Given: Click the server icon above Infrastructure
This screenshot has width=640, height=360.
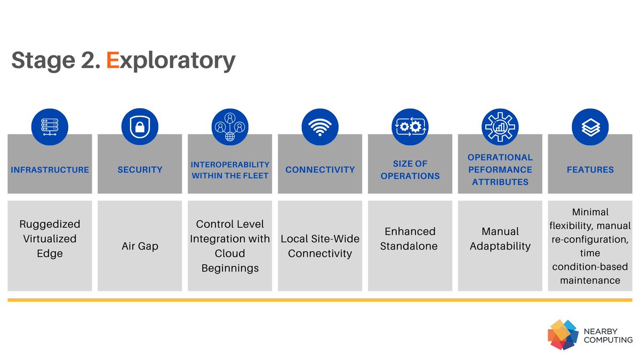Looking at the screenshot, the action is point(50,127).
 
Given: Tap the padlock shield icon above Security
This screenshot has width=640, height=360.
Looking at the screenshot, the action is point(140,127).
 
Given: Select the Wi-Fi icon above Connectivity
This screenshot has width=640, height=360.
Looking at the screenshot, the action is point(320,127).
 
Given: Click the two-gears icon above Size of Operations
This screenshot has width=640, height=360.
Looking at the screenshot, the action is point(410,127).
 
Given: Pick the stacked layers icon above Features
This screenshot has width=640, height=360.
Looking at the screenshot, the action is point(590,127).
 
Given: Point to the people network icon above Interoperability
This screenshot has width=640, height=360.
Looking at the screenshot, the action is point(230,127).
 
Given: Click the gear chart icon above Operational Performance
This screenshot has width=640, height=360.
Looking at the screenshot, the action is point(500,127).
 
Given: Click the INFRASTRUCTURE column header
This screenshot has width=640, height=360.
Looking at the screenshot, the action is point(50,170).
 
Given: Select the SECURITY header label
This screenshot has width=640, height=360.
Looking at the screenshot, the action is point(140,170).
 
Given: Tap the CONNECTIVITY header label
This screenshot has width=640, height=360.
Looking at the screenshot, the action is point(320,170).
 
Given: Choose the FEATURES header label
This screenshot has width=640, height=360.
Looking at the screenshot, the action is point(590,170).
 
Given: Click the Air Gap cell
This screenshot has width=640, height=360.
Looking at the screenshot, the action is point(140,246).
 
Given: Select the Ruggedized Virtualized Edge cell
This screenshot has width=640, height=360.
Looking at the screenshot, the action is point(50,238).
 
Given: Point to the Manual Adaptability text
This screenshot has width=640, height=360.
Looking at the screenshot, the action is point(500,238).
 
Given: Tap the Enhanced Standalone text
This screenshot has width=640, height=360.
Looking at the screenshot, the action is point(410,238).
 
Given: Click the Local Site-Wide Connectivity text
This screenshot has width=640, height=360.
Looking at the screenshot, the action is point(320,246).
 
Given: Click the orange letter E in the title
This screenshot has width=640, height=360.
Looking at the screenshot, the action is point(113,60).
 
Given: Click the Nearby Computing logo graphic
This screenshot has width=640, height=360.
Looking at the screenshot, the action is point(563,334).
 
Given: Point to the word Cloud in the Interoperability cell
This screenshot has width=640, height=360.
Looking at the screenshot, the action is point(230,253).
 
